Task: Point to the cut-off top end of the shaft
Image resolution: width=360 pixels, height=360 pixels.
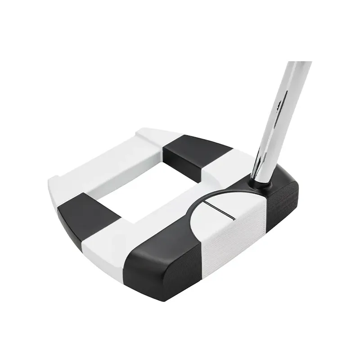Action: tap(300, 63)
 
